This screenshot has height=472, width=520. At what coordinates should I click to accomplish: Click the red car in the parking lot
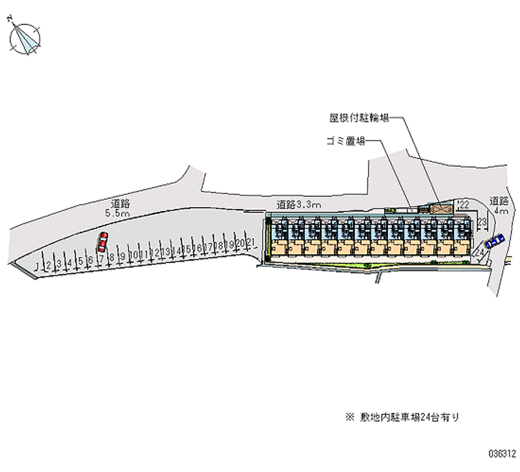click(x=102, y=242)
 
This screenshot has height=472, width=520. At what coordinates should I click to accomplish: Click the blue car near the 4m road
click(x=495, y=242)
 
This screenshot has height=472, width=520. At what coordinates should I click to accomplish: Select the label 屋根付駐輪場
click(x=358, y=119)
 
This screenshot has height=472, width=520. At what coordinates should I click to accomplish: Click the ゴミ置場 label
click(x=344, y=141)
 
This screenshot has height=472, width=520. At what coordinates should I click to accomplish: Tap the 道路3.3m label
click(x=298, y=204)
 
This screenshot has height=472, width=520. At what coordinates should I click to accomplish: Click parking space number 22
click(x=464, y=205)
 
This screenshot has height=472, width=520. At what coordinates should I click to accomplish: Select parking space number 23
click(x=482, y=223)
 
